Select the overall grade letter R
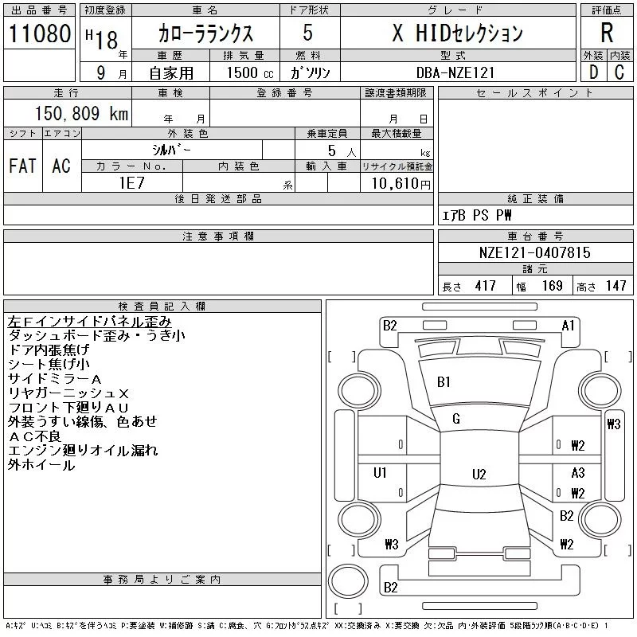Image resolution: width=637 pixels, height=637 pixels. click(x=607, y=33)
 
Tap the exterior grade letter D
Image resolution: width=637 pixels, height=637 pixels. click(x=593, y=72)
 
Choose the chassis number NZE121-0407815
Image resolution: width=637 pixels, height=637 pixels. click(x=534, y=252)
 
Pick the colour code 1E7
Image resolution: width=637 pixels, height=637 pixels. click(x=132, y=182)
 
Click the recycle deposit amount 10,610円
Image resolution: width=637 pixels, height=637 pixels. click(x=397, y=183)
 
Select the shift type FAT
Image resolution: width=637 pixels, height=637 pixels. click(x=22, y=165)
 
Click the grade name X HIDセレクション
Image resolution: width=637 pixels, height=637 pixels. click(x=457, y=33)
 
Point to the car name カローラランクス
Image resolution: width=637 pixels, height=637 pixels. click(x=205, y=33)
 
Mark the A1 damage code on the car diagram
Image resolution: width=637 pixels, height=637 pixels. click(x=569, y=325)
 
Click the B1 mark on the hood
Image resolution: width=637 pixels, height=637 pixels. click(x=444, y=382)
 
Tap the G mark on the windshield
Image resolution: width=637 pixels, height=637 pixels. click(x=456, y=419)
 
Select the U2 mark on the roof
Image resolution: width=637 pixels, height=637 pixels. click(x=479, y=475)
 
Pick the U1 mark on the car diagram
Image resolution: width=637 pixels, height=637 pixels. click(x=381, y=472)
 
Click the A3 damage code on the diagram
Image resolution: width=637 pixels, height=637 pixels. click(x=578, y=472)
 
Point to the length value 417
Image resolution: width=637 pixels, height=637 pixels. click(x=485, y=286)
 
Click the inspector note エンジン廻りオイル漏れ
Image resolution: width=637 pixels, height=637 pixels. click(x=83, y=451)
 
